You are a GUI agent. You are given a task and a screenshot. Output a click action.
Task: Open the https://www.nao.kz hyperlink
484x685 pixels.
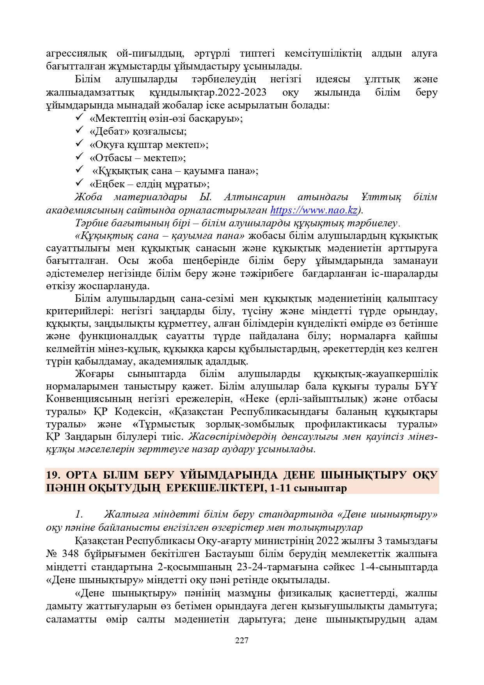[x=314, y=210]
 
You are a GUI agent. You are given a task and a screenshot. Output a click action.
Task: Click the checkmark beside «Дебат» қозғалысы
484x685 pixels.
[x=78, y=131]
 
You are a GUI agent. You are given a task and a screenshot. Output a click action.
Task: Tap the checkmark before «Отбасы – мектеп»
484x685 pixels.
[x=78, y=157]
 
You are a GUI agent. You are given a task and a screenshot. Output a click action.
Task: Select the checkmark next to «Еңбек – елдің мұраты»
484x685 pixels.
[x=78, y=183]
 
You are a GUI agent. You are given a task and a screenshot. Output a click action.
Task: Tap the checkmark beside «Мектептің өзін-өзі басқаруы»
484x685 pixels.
[x=78, y=117]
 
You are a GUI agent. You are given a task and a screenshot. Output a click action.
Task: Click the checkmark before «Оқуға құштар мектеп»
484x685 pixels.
[x=78, y=144]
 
